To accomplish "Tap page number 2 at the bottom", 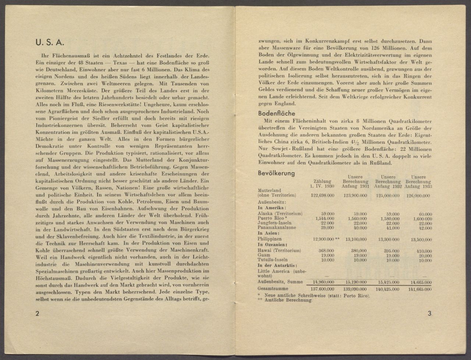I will pyautogui.click(x=37, y=314).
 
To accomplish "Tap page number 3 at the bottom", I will pyautogui.click(x=429, y=314).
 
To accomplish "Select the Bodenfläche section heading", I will pyautogui.click(x=276, y=114).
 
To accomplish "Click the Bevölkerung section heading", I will pyautogui.click(x=276, y=173).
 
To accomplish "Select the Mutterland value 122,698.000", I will pyautogui.click(x=322, y=196).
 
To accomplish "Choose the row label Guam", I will pyautogui.click(x=264, y=255).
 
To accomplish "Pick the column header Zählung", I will pyautogui.click(x=322, y=181).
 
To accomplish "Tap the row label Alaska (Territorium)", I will pyautogui.click(x=280, y=213).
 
